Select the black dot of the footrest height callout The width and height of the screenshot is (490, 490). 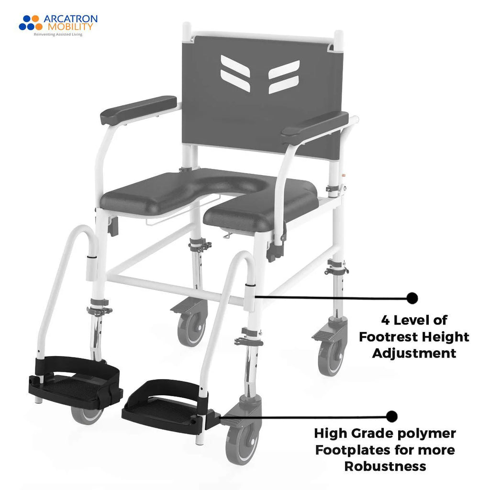pyautogui.click(x=412, y=298)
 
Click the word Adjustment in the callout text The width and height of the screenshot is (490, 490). pyautogui.click(x=414, y=354)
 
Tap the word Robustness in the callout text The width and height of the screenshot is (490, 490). pyautogui.click(x=385, y=467)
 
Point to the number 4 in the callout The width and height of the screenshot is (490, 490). pyautogui.click(x=386, y=319)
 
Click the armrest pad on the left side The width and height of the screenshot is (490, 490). pyautogui.click(x=138, y=110)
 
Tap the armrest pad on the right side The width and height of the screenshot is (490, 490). pyautogui.click(x=315, y=127)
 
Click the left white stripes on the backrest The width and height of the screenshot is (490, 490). pyautogui.click(x=235, y=73)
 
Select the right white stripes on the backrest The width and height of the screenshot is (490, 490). pyautogui.click(x=284, y=77)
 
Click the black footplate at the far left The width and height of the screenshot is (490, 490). pyautogui.click(x=72, y=385)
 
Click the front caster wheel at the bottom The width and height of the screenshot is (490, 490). pyautogui.click(x=242, y=443)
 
